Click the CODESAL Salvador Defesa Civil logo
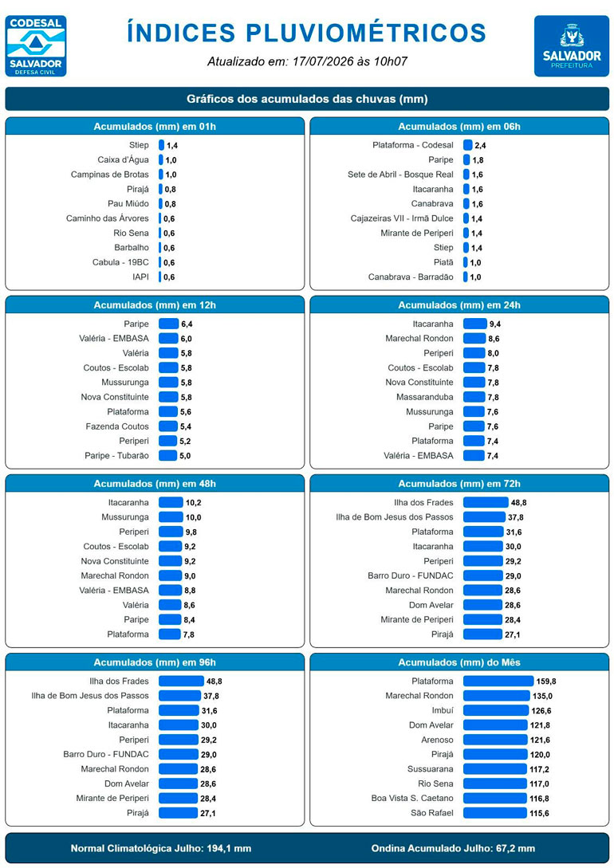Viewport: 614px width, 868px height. (35, 46)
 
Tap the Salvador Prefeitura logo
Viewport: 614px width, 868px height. (572, 46)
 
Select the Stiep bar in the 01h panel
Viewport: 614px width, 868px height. (161, 145)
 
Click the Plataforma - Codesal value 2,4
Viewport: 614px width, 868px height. (480, 146)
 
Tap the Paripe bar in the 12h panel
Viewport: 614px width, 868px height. (168, 324)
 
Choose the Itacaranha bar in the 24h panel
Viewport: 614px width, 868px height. (474, 324)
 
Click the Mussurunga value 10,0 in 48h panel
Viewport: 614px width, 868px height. (193, 517)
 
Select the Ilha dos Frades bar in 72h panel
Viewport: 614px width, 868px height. (486, 503)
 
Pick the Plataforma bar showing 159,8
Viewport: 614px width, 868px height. (498, 681)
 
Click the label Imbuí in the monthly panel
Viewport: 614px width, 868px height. (443, 710)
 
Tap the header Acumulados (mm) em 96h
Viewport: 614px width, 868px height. (155, 662)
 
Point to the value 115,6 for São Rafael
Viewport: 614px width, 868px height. (539, 813)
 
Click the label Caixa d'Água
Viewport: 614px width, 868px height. (123, 160)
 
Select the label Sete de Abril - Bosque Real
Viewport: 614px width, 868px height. (400, 175)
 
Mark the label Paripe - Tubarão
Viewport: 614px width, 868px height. (117, 456)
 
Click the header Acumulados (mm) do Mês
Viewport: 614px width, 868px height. (459, 662)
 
